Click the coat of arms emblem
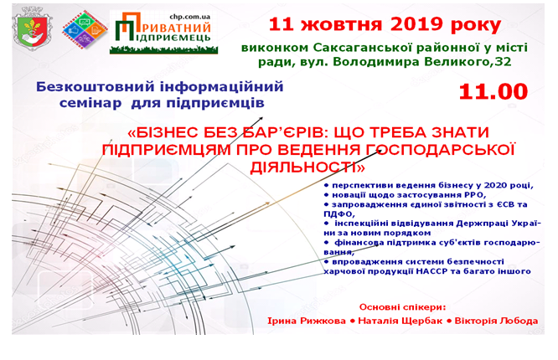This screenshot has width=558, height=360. pyautogui.click(x=32, y=28)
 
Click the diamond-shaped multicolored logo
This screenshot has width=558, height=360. pyautogui.click(x=85, y=29)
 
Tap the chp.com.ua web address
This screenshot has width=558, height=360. pyautogui.click(x=189, y=17)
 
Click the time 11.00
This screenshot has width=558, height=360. pyautogui.click(x=493, y=92)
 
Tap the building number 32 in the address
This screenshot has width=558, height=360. pyautogui.click(x=504, y=62)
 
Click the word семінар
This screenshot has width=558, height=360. pyautogui.click(x=90, y=103)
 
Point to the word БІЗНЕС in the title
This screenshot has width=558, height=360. pyautogui.click(x=168, y=132)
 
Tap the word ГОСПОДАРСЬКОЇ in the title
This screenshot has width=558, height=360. pyautogui.click(x=447, y=150)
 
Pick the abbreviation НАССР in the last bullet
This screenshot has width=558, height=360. pyautogui.click(x=431, y=271)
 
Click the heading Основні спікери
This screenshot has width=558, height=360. pyautogui.click(x=402, y=307)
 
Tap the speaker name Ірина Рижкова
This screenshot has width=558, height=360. pyautogui.click(x=307, y=321)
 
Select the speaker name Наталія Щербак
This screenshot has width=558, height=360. pyautogui.click(x=400, y=321)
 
